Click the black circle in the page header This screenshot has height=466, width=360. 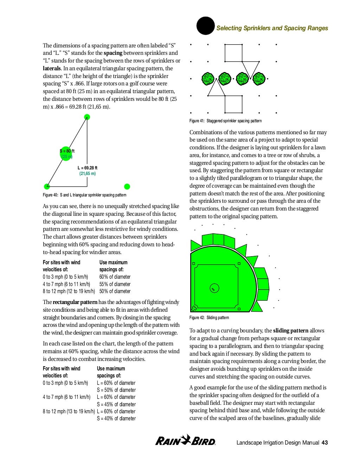205,26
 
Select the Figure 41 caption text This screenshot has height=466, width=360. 225,121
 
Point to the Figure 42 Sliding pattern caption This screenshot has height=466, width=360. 209,318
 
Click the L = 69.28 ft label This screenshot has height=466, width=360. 87,168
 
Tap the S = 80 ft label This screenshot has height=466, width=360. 67,151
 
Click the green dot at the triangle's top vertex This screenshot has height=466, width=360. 87,117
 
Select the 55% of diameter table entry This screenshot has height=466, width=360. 115,284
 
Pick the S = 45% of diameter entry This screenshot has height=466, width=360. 116,404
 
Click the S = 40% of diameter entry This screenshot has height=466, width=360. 116,419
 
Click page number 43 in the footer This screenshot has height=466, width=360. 324,443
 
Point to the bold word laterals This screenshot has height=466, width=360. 52,69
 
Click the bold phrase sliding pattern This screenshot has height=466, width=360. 290,331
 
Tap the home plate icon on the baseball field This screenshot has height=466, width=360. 194,309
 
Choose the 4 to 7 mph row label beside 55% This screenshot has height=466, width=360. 66,284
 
